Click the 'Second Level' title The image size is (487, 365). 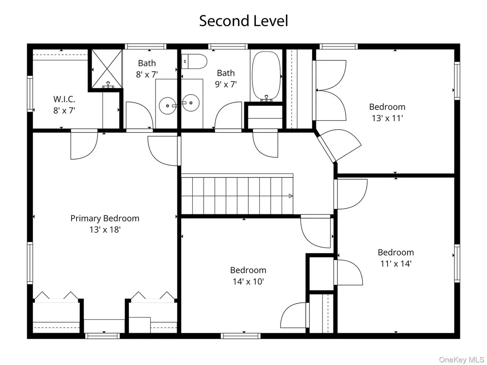pyautogui.click(x=243, y=21)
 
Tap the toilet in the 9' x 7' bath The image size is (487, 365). pyautogui.click(x=194, y=61)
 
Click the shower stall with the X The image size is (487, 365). pyautogui.click(x=106, y=67)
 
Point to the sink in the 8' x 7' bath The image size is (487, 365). pyautogui.click(x=167, y=106)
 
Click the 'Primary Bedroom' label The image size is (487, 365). pyautogui.click(x=105, y=218)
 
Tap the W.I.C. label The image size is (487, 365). pyautogui.click(x=64, y=99)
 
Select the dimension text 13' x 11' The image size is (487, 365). pyautogui.click(x=387, y=118)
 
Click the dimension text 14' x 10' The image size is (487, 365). pyautogui.click(x=248, y=281)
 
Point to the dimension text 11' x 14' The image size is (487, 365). pyautogui.click(x=396, y=263)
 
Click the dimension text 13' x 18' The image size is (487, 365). pyautogui.click(x=105, y=230)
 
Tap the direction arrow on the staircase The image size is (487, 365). pyautogui.click(x=291, y=196)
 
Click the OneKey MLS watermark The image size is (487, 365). pyautogui.click(x=461, y=360)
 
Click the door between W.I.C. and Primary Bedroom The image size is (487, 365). pyautogui.click(x=84, y=144)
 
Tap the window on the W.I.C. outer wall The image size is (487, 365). pyautogui.click(x=30, y=94)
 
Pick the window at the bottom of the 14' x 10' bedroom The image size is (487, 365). pyautogui.click(x=240, y=336)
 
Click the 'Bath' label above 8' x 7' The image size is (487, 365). pyautogui.click(x=147, y=63)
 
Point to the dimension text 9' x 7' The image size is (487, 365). pyautogui.click(x=226, y=84)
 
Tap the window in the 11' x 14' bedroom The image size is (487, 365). pyautogui.click(x=457, y=263)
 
